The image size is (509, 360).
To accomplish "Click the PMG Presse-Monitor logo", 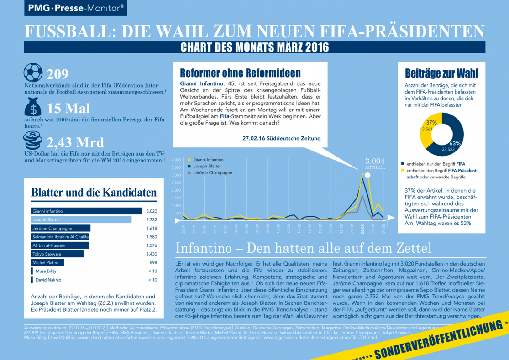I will click(76, 8).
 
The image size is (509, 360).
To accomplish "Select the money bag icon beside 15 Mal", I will click(33, 107).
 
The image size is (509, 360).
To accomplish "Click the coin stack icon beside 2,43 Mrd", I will click(33, 139).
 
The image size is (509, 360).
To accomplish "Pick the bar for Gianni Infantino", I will click(86, 211).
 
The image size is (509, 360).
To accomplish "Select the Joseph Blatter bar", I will click(81, 220).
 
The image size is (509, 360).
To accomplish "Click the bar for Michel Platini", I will click(47, 263).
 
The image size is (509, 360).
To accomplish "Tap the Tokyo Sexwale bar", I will click(57, 254).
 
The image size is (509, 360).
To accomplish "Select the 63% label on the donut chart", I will click(454, 143).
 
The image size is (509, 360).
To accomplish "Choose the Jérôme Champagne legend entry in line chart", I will click(212, 173).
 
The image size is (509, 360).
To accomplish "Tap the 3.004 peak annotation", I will click(375, 161).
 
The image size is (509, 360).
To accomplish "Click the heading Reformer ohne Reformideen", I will click(240, 73).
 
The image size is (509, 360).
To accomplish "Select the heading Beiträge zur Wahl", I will click(441, 73).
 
